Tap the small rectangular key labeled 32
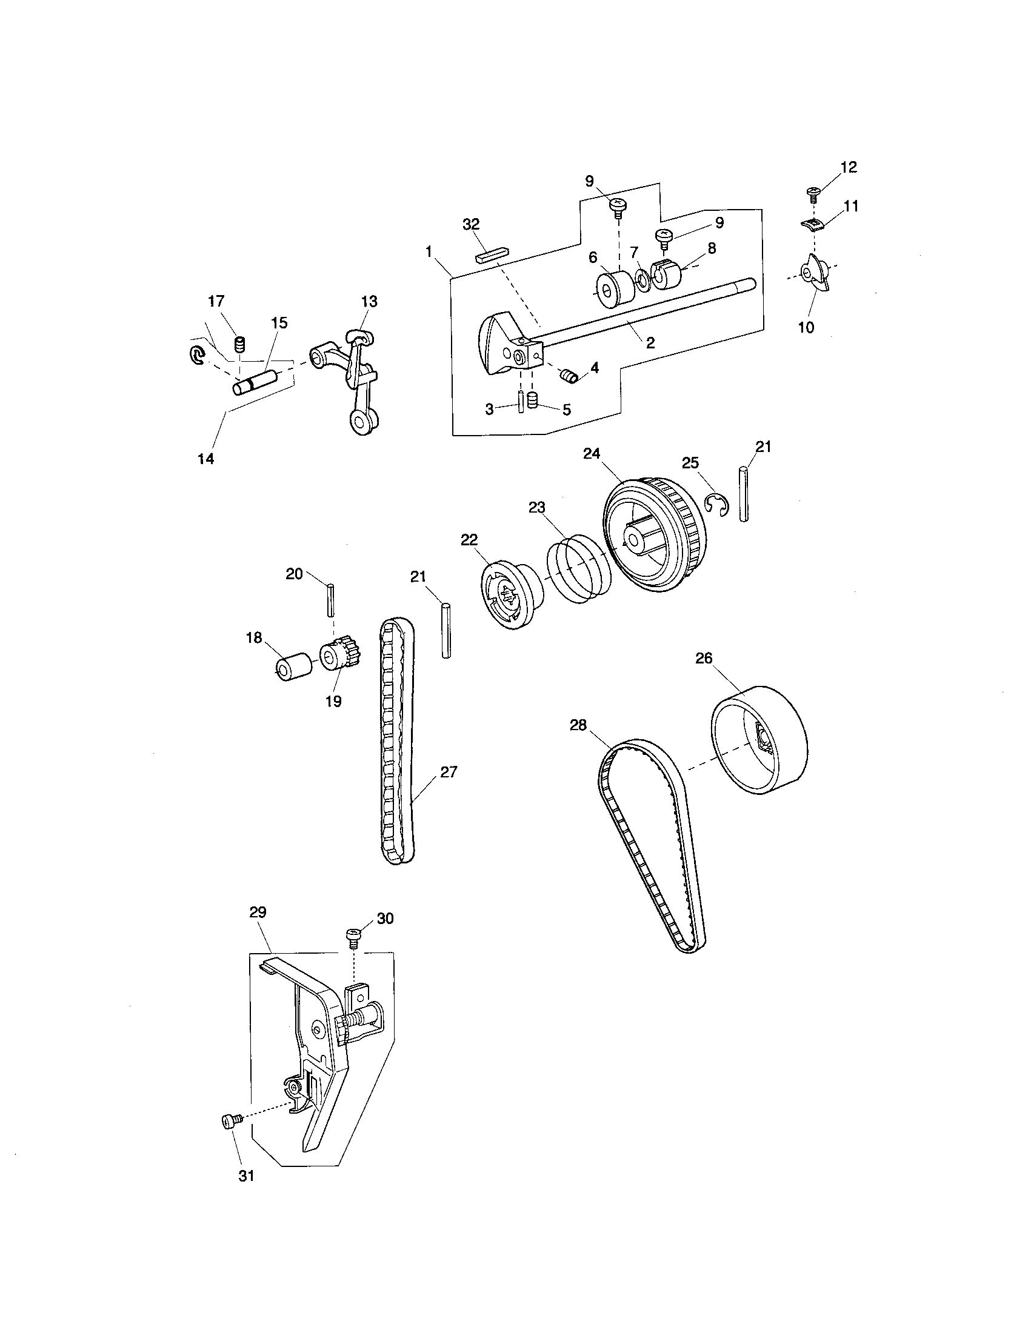point(492,253)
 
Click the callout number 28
point(578,725)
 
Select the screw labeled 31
point(230,1120)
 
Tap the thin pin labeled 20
point(330,600)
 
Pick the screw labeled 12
point(813,194)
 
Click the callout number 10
point(806,327)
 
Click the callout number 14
point(206,459)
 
